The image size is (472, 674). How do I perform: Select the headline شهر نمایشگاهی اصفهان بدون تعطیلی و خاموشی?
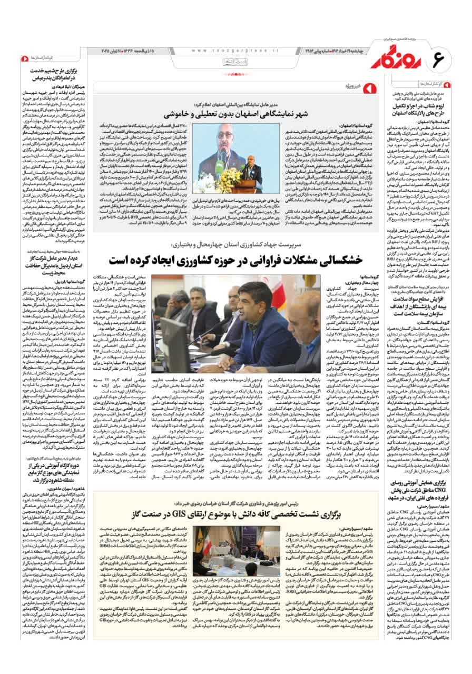[x=265, y=114]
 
